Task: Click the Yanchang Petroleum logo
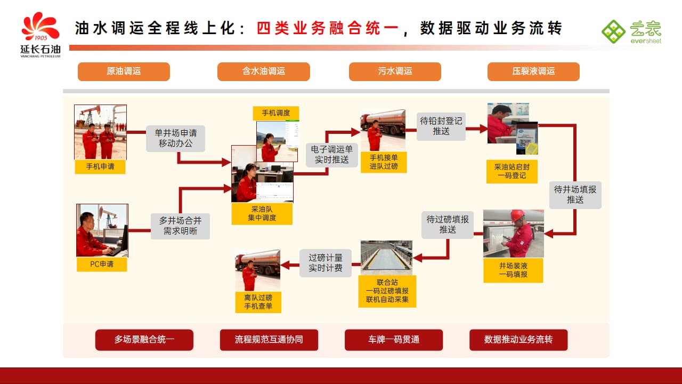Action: point(40,34)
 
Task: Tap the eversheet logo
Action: point(631,32)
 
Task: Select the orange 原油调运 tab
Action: point(124,71)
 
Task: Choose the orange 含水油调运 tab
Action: point(263,71)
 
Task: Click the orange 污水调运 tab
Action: point(395,71)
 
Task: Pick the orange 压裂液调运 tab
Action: point(533,71)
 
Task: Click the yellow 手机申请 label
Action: point(100,166)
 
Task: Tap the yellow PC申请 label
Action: point(101,264)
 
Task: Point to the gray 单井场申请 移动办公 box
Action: point(175,138)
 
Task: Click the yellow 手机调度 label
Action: point(275,113)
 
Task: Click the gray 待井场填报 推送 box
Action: point(575,195)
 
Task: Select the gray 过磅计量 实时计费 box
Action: point(326,263)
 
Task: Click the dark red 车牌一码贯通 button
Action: point(394,340)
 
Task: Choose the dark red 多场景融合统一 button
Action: point(144,340)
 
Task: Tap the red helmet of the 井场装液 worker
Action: point(517,215)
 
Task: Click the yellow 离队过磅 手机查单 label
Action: point(258,302)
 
